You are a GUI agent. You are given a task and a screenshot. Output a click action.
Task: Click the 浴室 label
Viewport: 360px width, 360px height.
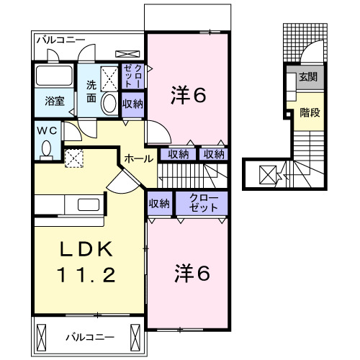55,102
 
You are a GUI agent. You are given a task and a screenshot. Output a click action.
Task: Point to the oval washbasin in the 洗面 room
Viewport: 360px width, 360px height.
110,104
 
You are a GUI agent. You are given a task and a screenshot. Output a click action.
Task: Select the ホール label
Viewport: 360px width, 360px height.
138,158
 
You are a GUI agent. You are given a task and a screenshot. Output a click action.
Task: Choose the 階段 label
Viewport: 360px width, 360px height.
310,112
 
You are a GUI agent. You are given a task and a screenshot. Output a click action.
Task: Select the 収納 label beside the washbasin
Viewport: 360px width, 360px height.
132,104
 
